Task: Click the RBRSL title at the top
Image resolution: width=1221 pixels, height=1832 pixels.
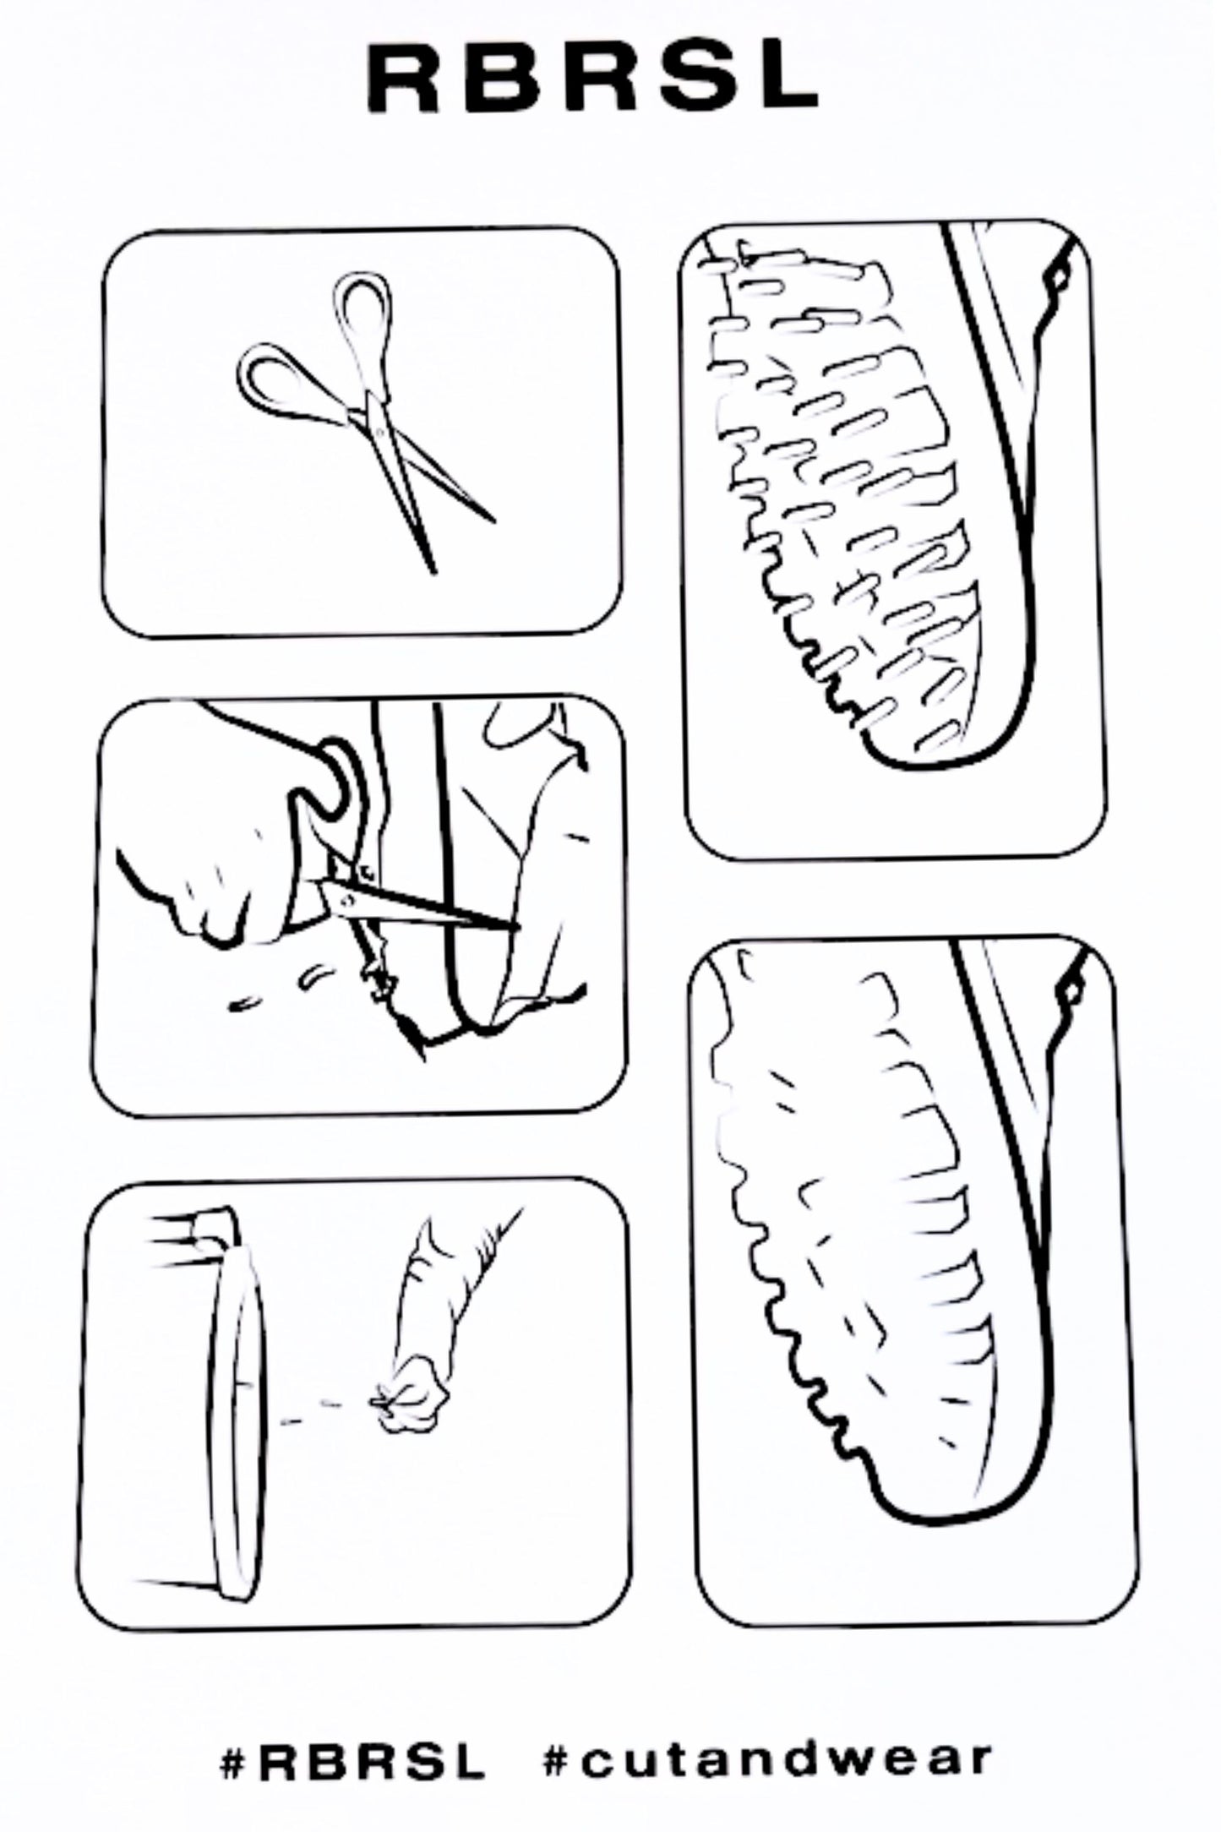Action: click(x=592, y=79)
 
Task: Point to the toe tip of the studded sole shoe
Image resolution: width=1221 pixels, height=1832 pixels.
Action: click(x=913, y=766)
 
